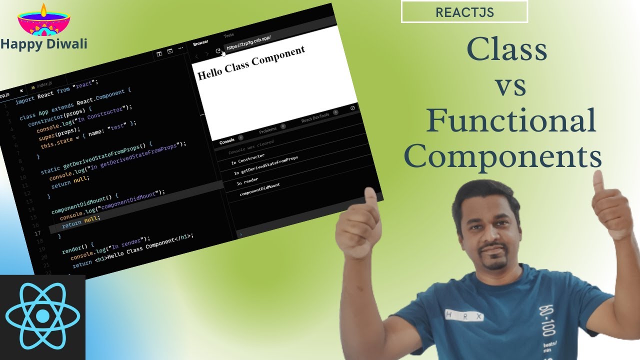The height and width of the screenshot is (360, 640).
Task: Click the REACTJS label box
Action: click(464, 12)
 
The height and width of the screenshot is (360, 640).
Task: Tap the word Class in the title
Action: click(506, 50)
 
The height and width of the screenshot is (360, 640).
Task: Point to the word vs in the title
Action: click(510, 86)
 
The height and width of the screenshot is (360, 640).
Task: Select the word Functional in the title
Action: click(511, 121)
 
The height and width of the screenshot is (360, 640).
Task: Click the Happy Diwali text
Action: click(44, 44)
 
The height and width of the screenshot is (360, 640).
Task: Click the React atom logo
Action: click(42, 316)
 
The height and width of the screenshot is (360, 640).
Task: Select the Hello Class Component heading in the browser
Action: click(251, 63)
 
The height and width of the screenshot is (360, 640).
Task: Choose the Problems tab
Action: click(267, 130)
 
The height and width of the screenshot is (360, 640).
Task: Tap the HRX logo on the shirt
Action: click(464, 316)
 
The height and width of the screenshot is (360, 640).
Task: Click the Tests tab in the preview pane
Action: click(228, 35)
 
